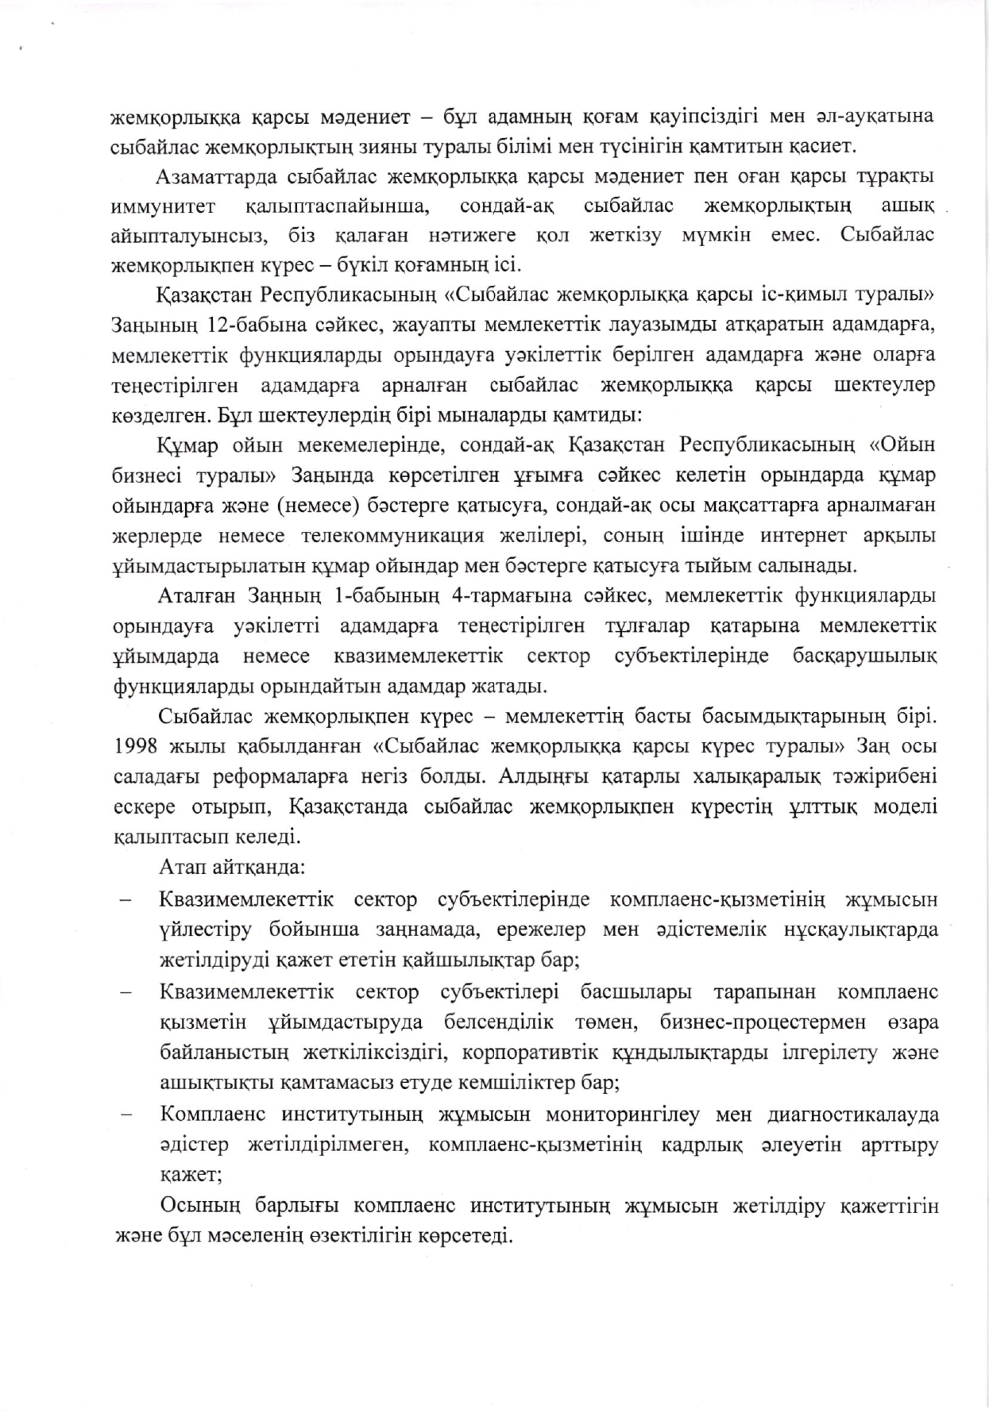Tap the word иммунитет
pyautogui.click(x=164, y=206)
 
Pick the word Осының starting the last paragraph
pyautogui.click(x=199, y=1206)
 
